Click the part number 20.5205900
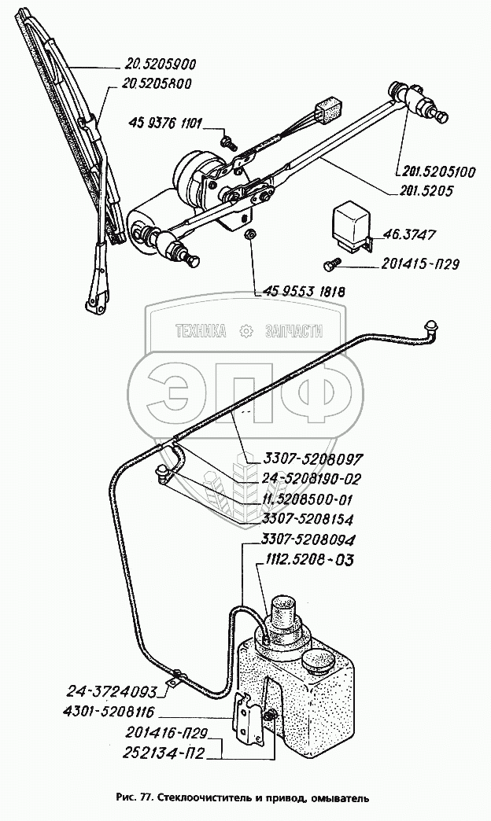[161, 65]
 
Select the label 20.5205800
[158, 84]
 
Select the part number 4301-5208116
[109, 713]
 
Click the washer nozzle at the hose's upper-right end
[431, 326]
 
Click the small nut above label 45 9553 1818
[249, 234]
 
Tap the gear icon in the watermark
[246, 332]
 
